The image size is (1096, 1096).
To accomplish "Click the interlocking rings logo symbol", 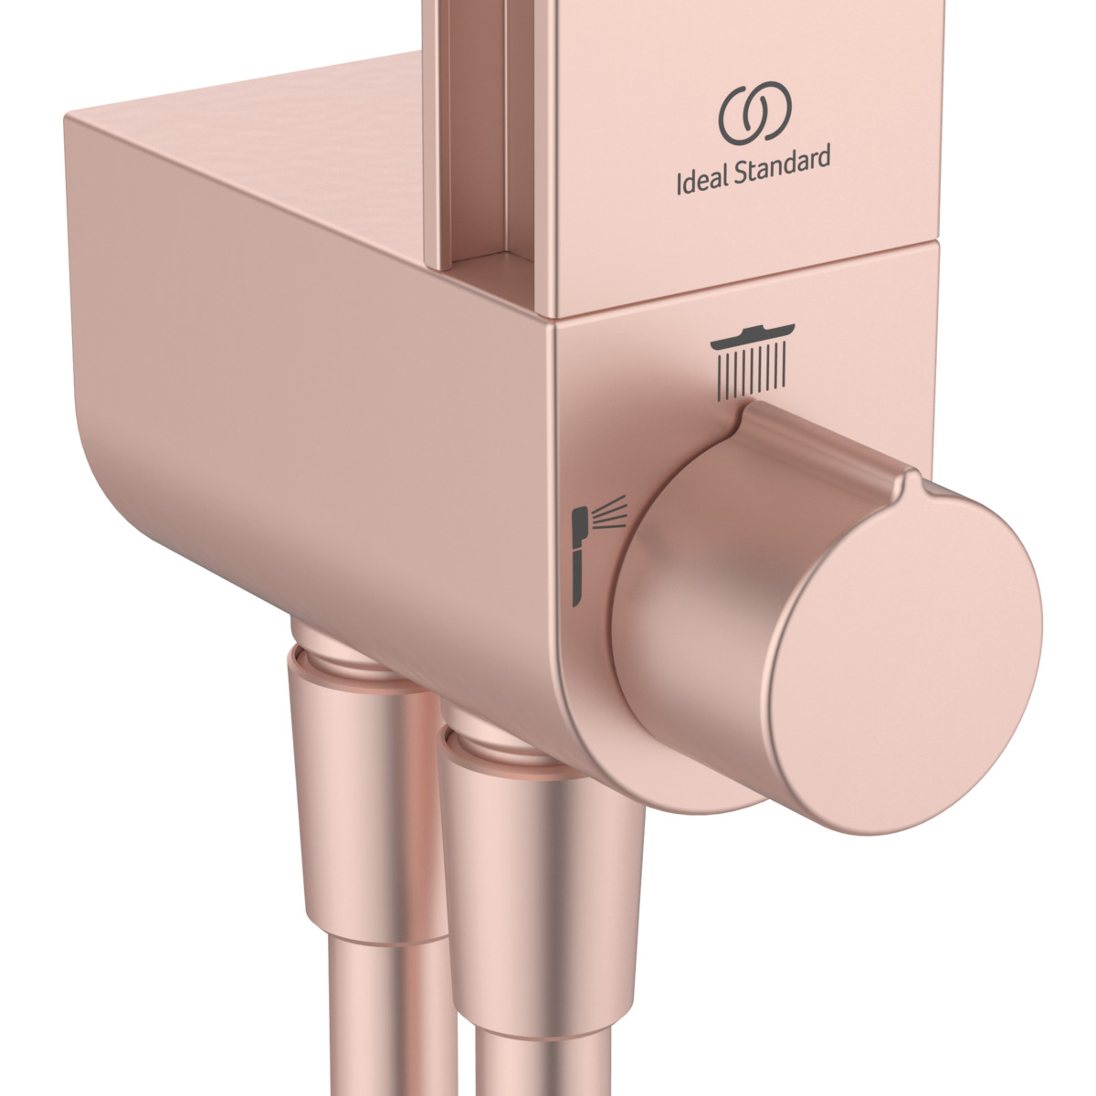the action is (x=754, y=112).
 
